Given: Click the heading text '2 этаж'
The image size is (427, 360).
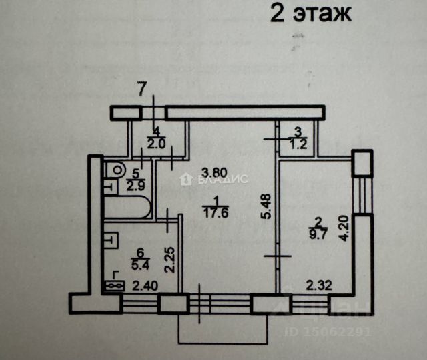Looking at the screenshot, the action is (310, 13).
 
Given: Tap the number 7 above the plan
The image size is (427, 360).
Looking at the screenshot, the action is (141, 87).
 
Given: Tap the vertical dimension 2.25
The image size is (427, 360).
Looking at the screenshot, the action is (170, 260).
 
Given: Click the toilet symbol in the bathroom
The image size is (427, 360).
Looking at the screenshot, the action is (117, 170).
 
